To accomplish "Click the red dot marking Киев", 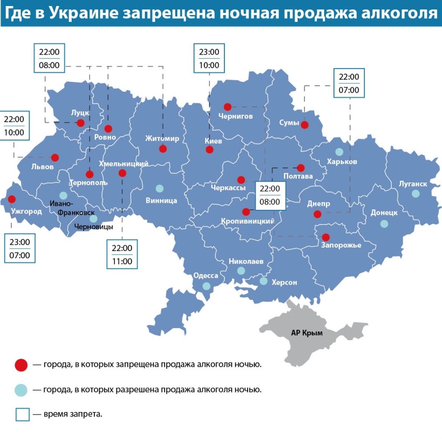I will (210, 150).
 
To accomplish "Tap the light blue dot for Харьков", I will (339, 152).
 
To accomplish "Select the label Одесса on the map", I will (205, 276).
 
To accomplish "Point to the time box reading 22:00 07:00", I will (349, 83).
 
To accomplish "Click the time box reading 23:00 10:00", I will (209, 58).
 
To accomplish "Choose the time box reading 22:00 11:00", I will (122, 255).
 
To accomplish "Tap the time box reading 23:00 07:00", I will (20, 249).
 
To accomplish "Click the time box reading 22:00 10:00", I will (14, 126).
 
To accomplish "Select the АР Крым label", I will (307, 333).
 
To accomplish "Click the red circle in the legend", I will (21, 365).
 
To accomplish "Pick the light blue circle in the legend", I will (21, 390).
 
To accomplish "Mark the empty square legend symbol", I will (22, 414).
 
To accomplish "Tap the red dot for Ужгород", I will (12, 199).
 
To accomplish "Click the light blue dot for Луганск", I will (416, 193).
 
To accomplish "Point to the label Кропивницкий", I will (248, 221).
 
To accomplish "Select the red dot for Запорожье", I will (326, 237).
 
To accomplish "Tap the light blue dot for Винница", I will (160, 188).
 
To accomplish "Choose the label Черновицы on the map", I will (94, 227).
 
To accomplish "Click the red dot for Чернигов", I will (227, 107).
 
